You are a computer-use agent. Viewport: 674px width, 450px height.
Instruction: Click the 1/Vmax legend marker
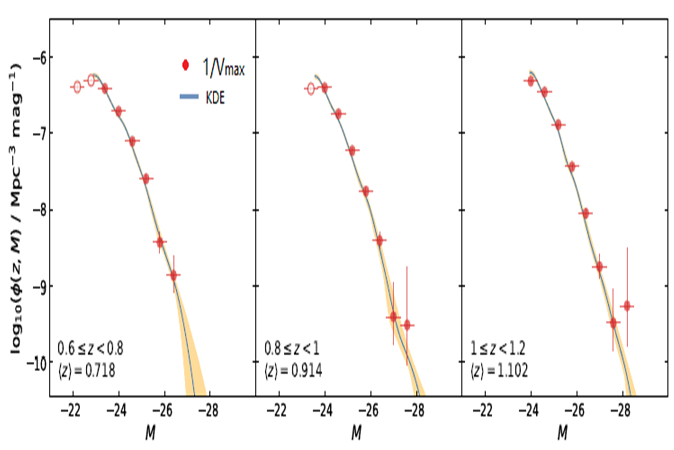tap(185, 66)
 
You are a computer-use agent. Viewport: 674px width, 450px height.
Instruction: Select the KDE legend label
tap(215, 98)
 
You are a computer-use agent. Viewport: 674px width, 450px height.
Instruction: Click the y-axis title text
tap(16, 208)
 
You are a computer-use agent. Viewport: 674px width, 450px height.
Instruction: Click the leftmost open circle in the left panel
tap(77, 87)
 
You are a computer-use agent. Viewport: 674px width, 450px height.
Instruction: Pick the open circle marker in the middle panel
tap(310, 89)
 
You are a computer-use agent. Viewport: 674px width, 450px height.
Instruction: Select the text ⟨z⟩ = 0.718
tap(87, 371)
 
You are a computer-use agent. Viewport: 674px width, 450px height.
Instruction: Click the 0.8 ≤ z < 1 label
tap(292, 348)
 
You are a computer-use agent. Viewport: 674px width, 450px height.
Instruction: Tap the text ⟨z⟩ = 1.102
tap(499, 371)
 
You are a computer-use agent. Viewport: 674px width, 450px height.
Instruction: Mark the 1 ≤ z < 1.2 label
tap(498, 348)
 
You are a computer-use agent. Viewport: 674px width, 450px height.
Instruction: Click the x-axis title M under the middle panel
tap(356, 433)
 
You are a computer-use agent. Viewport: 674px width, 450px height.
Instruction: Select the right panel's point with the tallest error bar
tap(627, 306)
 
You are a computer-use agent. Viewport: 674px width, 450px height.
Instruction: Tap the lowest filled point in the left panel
tap(173, 275)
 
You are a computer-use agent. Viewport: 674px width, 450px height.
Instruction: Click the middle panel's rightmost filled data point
tap(407, 325)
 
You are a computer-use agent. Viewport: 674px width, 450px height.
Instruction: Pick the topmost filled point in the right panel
tap(531, 81)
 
